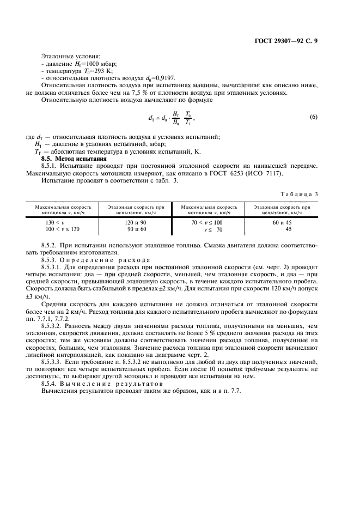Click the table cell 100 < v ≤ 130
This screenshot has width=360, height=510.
pyautogui.click(x=63, y=229)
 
